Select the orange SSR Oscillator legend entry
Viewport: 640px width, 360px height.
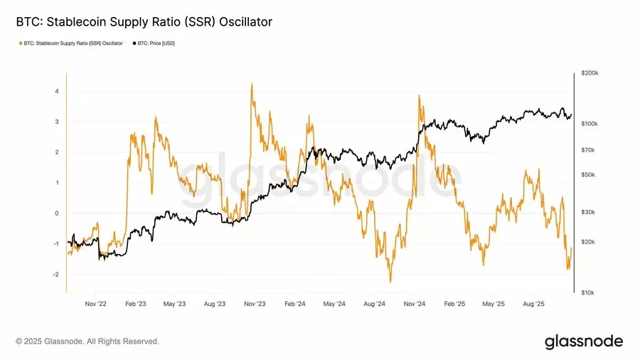click(x=70, y=43)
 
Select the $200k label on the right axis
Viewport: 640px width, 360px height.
click(x=590, y=73)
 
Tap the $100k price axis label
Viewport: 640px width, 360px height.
click(x=590, y=124)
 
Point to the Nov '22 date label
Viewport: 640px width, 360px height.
click(x=95, y=304)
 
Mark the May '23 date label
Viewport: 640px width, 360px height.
click(x=175, y=304)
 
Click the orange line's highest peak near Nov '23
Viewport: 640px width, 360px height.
click(x=252, y=84)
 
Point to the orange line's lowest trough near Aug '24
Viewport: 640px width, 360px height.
click(x=390, y=282)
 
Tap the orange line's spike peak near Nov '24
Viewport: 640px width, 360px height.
click(x=420, y=96)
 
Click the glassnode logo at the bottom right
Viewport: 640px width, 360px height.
click(x=584, y=342)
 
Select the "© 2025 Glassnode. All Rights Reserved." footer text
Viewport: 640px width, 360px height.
click(x=87, y=342)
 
